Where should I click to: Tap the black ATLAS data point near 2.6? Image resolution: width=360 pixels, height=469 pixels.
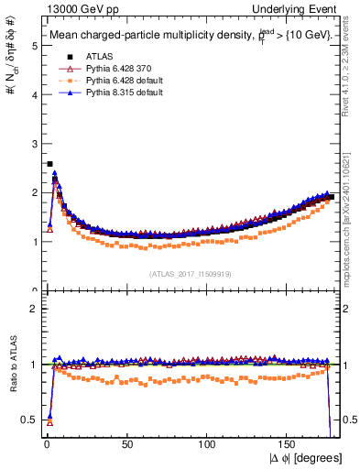pos(49,164)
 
